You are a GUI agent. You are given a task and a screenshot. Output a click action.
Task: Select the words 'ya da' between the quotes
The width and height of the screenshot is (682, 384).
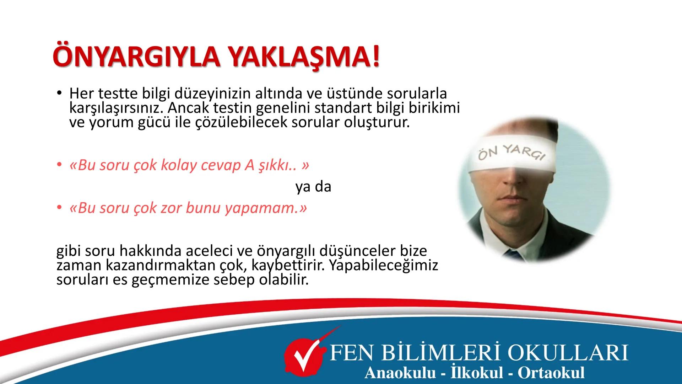(313, 187)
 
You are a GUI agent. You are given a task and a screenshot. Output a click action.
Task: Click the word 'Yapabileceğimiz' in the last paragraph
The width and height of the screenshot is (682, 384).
(384, 266)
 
